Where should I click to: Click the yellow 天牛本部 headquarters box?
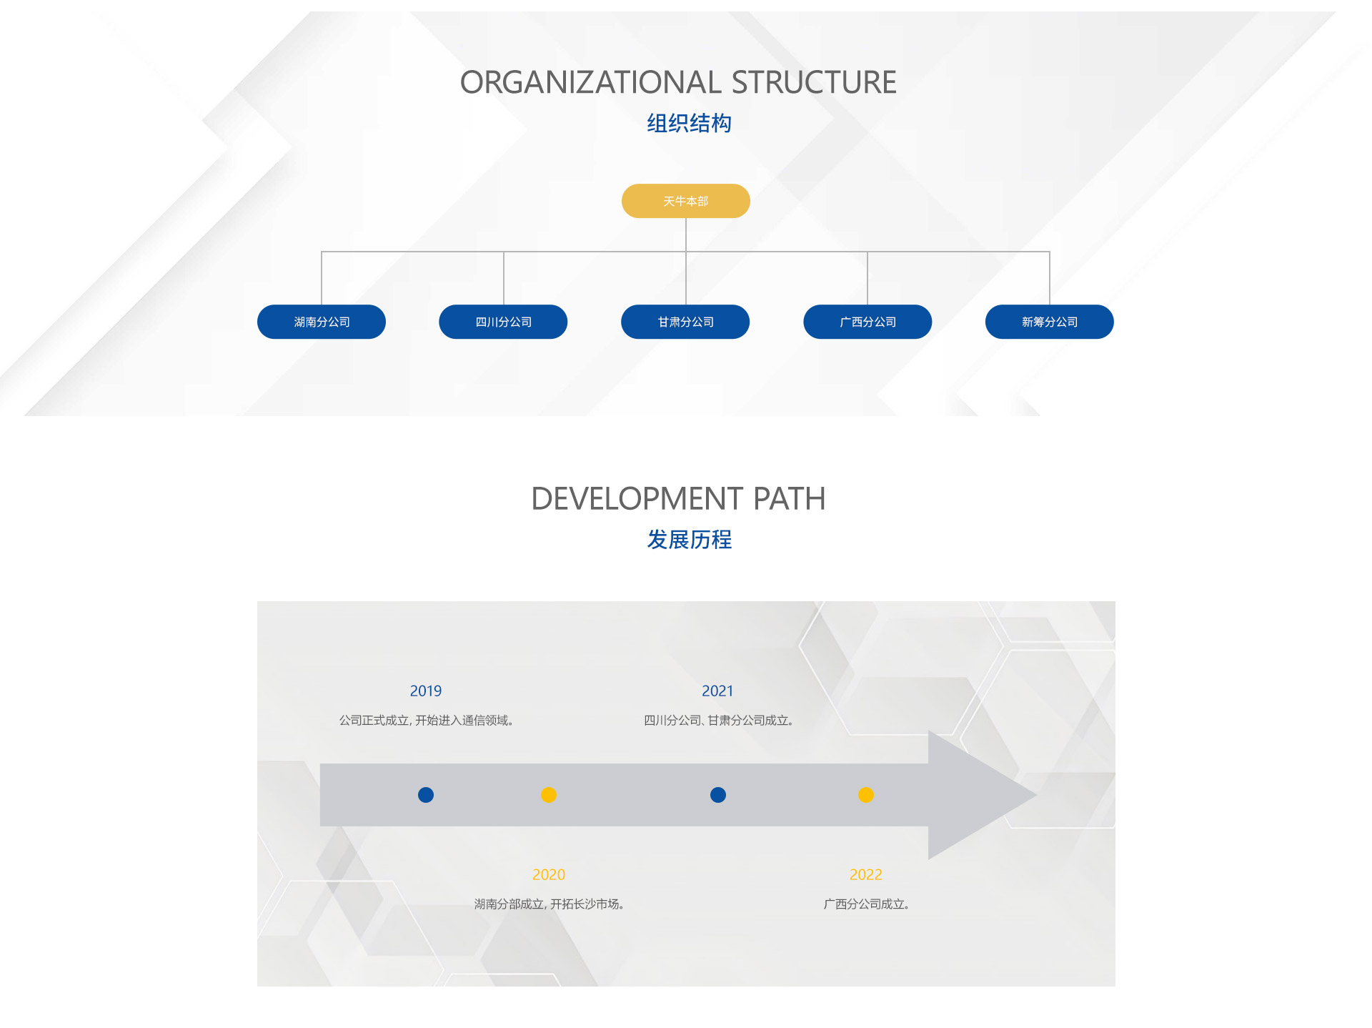[x=685, y=201]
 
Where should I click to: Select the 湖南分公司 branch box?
[x=322, y=322]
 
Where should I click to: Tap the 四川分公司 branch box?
[x=503, y=322]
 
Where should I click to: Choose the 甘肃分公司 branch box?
[x=685, y=322]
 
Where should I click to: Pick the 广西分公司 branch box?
[x=868, y=322]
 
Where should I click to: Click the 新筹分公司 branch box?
[x=1049, y=322]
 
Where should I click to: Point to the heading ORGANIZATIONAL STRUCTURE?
[x=678, y=82]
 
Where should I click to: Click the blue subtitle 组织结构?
[x=689, y=123]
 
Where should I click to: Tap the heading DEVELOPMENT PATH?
[x=678, y=498]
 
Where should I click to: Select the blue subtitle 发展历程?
[x=689, y=539]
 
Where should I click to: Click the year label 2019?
[x=426, y=691]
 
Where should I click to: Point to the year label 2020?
[x=549, y=874]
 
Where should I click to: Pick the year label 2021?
[x=717, y=691]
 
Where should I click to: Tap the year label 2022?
[x=866, y=874]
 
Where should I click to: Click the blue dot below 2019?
[x=426, y=795]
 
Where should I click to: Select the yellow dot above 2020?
[x=549, y=795]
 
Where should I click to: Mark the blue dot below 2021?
[x=718, y=795]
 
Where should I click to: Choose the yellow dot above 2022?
[x=866, y=795]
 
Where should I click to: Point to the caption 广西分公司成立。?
[x=866, y=904]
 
